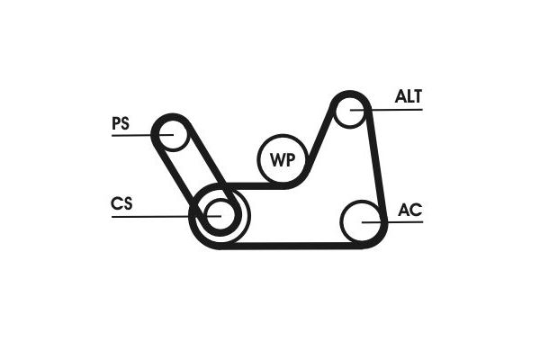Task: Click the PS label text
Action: pyautogui.click(x=121, y=123)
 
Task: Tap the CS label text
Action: pyautogui.click(x=121, y=203)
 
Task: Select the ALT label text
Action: pyautogui.click(x=409, y=96)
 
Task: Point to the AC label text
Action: pyautogui.click(x=409, y=210)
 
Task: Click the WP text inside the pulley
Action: pyautogui.click(x=283, y=160)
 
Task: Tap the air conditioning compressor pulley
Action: pyautogui.click(x=362, y=221)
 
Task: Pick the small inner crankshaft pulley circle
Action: pyautogui.click(x=220, y=214)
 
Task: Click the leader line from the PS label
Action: pyautogui.click(x=142, y=135)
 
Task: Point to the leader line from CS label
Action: pyautogui.click(x=166, y=216)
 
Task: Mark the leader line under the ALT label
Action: pyautogui.click(x=386, y=110)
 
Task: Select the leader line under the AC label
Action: pyautogui.click(x=392, y=222)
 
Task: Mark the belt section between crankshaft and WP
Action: pyautogui.click(x=255, y=186)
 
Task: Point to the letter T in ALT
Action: pyautogui.click(x=417, y=96)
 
